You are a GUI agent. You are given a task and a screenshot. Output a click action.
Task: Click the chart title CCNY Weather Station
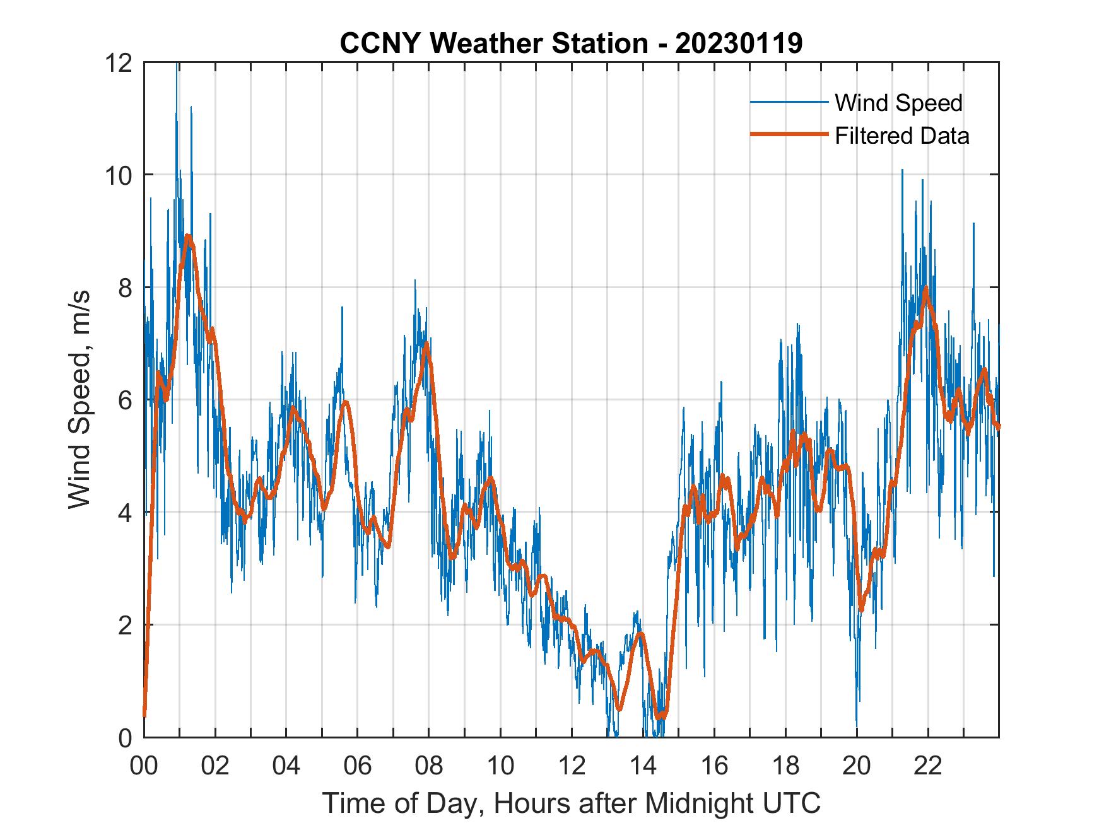pyautogui.click(x=493, y=44)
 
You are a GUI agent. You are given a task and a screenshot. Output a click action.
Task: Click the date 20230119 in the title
pyautogui.click(x=739, y=44)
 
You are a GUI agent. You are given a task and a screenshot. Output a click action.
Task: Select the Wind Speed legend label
pyautogui.click(x=898, y=103)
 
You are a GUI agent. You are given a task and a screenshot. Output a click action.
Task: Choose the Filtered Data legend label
pyautogui.click(x=901, y=136)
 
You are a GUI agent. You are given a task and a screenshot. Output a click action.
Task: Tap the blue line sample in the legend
pyautogui.click(x=789, y=103)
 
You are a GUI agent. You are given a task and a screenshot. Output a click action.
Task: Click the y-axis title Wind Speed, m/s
pyautogui.click(x=80, y=399)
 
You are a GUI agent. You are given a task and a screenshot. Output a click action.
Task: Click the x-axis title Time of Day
pyautogui.click(x=571, y=803)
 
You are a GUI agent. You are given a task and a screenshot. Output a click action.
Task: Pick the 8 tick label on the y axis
pyautogui.click(x=125, y=288)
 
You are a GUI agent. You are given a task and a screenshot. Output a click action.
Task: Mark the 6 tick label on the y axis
pyautogui.click(x=125, y=400)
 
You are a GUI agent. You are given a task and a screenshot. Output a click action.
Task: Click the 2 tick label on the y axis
pyautogui.click(x=125, y=626)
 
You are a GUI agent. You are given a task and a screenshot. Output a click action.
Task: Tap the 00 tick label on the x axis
pyautogui.click(x=144, y=766)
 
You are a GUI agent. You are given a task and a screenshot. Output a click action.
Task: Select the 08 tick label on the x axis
pyautogui.click(x=429, y=766)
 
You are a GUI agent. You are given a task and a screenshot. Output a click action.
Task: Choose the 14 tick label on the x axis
pyautogui.click(x=643, y=766)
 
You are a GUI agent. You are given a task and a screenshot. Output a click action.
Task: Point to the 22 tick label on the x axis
pyautogui.click(x=928, y=766)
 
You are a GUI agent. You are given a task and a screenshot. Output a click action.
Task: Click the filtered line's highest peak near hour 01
pyautogui.click(x=187, y=236)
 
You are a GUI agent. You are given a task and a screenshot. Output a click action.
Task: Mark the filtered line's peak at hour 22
pyautogui.click(x=925, y=289)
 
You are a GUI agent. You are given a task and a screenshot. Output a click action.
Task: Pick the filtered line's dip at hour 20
pyautogui.click(x=861, y=610)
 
